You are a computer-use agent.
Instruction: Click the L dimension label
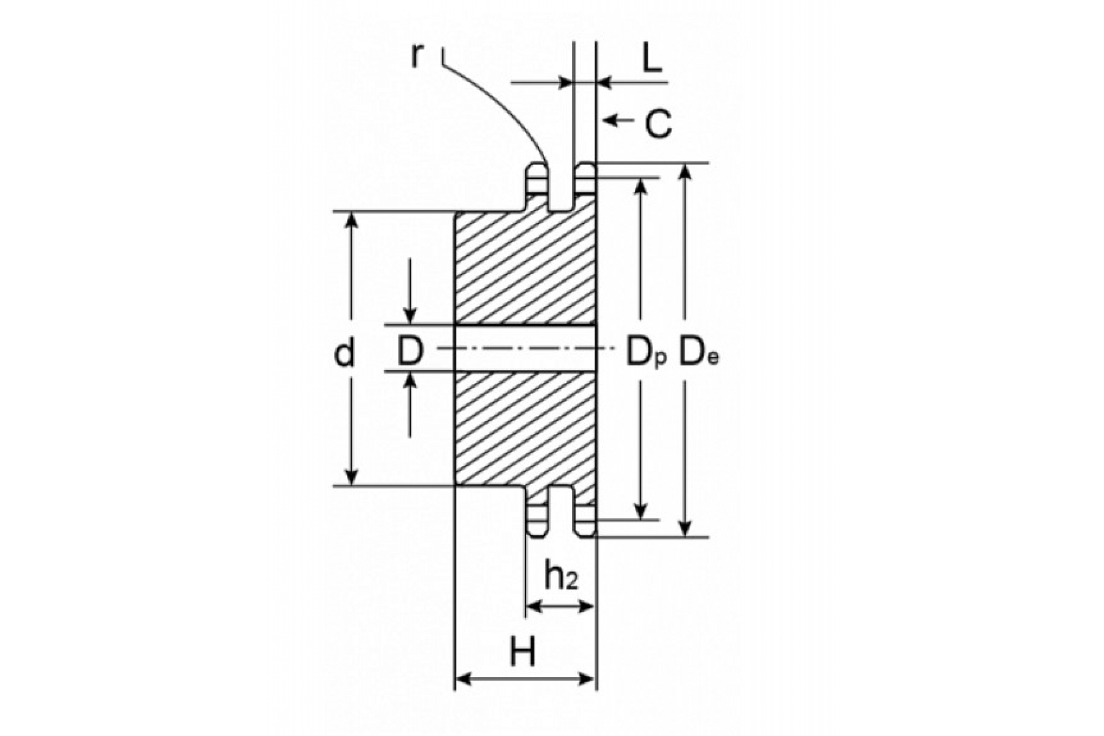pyautogui.click(x=651, y=59)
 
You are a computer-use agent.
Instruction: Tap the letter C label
pyautogui.click(x=659, y=124)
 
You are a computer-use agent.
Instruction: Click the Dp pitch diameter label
pyautogui.click(x=646, y=353)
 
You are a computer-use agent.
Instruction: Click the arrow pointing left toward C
pyautogui.click(x=618, y=120)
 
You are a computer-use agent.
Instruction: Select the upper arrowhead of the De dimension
pyautogui.click(x=685, y=172)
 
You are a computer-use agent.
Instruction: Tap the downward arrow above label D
pyautogui.click(x=410, y=291)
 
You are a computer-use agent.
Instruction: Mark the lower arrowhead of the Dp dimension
pyautogui.click(x=641, y=511)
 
